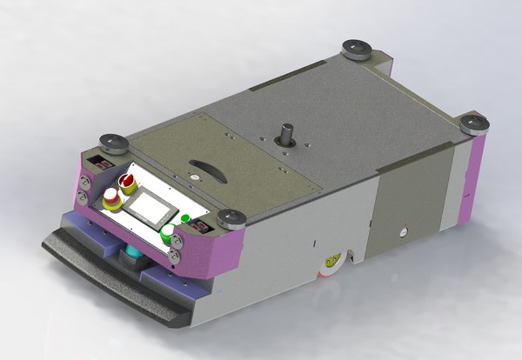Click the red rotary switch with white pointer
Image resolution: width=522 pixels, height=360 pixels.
pyautogui.click(x=128, y=183)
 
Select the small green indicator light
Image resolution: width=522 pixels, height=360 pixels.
pyautogui.click(x=185, y=217)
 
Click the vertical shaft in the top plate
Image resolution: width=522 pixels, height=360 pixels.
pyautogui.click(x=284, y=137)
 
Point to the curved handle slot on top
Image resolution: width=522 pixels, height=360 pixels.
pyautogui.click(x=207, y=168)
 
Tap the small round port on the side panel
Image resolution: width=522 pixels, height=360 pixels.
pyautogui.click(x=402, y=231)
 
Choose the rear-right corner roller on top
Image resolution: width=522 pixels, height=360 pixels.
pyautogui.click(x=474, y=123)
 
